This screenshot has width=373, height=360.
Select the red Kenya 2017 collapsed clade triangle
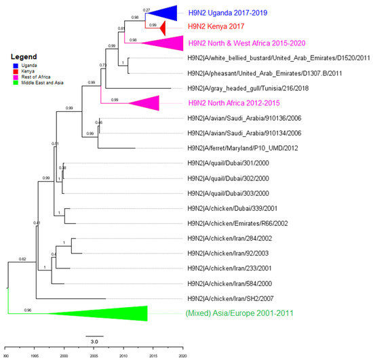click(x=163, y=28)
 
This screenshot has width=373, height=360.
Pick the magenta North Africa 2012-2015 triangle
click(x=146, y=103)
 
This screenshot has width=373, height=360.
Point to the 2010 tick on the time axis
click(x=123, y=349)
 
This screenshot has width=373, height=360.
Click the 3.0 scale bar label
click(x=94, y=341)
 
